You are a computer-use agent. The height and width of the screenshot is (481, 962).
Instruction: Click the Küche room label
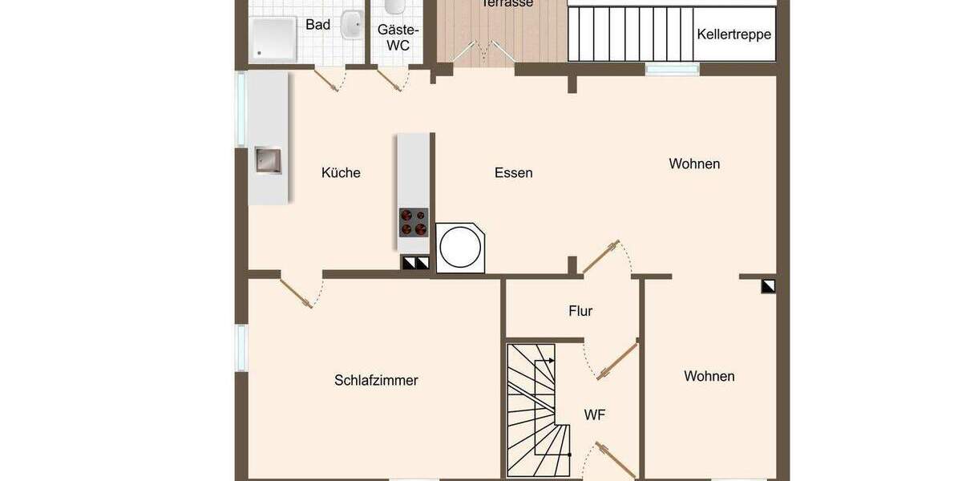coord(341,172)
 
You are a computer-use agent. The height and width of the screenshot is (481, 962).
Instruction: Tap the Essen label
coord(513,172)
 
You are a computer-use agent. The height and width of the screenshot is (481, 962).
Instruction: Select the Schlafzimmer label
coord(376,380)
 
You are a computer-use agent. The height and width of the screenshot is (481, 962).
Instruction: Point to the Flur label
coord(580,311)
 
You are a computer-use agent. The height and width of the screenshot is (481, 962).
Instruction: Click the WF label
coord(594,414)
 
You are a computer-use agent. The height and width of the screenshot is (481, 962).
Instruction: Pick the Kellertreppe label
coord(734,34)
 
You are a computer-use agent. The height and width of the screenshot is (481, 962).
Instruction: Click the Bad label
coord(317,25)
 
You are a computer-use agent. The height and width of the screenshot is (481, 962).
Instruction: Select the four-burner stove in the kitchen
coord(414,222)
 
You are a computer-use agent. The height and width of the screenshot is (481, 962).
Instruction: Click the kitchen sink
coord(268,160)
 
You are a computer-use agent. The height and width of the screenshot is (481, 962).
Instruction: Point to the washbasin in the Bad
coord(351,25)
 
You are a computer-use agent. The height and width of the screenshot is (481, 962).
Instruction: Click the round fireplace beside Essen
coord(461,248)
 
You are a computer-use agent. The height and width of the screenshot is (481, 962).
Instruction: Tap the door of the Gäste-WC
coord(392,79)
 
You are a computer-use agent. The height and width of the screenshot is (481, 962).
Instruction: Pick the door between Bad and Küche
coord(328,79)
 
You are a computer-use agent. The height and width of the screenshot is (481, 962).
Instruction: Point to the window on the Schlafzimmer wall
coord(240,348)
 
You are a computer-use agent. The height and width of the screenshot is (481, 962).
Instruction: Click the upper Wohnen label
coord(694,164)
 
